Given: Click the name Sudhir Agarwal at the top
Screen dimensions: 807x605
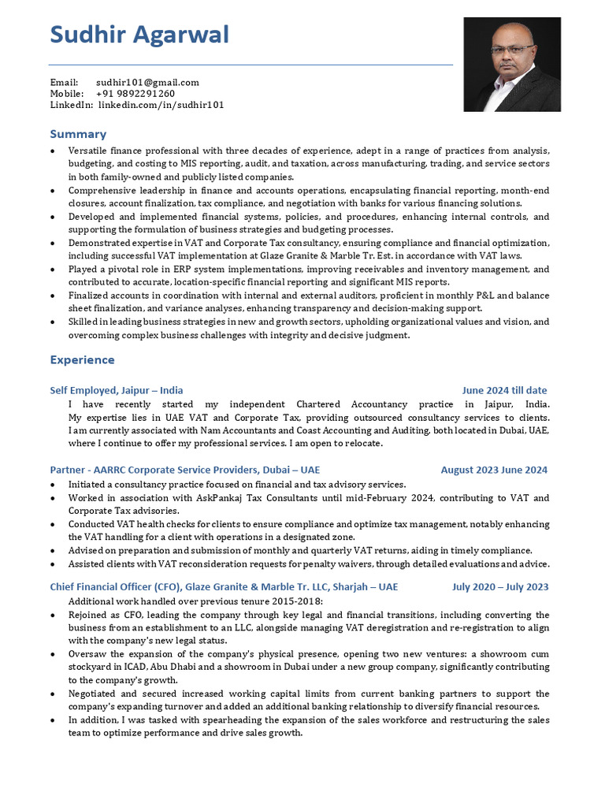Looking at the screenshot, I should pyautogui.click(x=139, y=35).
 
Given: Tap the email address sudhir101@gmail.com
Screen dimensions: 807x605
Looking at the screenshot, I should pyautogui.click(x=147, y=82).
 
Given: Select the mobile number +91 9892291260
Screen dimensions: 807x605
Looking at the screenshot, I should pyautogui.click(x=135, y=93).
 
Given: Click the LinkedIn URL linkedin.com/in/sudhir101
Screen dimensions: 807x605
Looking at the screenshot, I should pyautogui.click(x=161, y=105).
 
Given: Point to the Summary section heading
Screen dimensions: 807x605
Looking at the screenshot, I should pyautogui.click(x=78, y=134).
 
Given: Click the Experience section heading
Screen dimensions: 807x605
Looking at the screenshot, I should pyautogui.click(x=82, y=360).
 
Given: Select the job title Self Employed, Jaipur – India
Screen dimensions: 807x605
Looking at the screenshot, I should pyautogui.click(x=116, y=390).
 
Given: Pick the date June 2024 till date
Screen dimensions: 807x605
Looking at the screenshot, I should pyautogui.click(x=504, y=390).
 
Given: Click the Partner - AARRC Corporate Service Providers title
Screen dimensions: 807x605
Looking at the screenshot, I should pyautogui.click(x=184, y=470).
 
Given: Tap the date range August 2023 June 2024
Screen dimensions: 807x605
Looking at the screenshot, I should pyautogui.click(x=494, y=470).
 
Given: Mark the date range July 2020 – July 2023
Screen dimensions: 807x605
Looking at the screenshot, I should pyautogui.click(x=500, y=587).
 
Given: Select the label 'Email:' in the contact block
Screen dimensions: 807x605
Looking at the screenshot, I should pyautogui.click(x=64, y=82).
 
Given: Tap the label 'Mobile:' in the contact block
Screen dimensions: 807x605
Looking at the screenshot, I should pyautogui.click(x=67, y=93).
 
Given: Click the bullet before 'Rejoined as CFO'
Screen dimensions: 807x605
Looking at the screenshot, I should pyautogui.click(x=53, y=615).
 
